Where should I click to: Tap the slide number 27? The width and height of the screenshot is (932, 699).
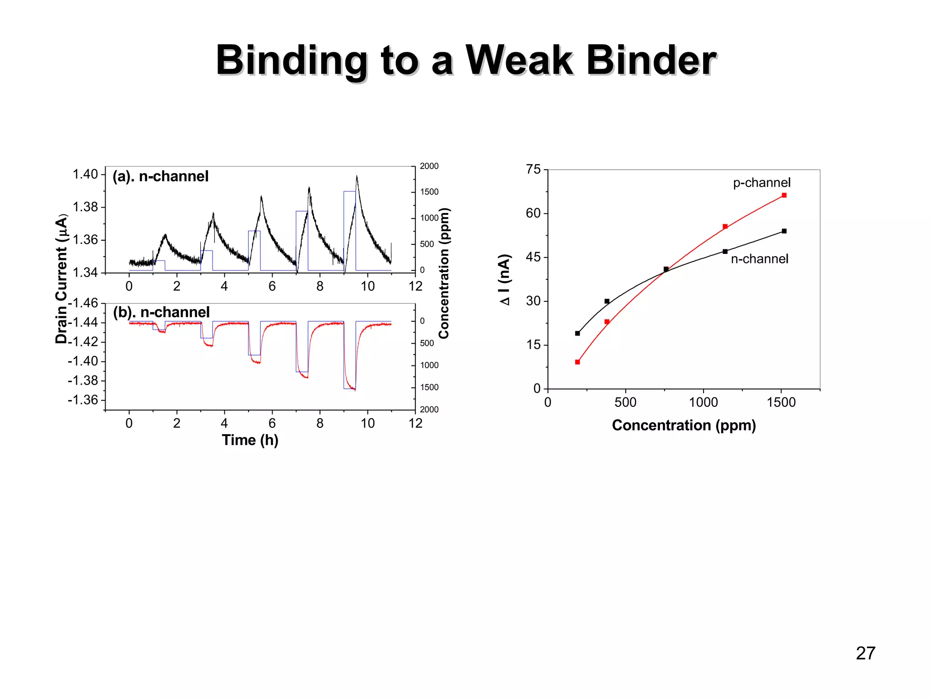point(865,653)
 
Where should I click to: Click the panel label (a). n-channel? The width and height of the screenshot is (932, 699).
point(160,176)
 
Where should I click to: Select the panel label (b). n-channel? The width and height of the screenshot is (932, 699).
point(161,312)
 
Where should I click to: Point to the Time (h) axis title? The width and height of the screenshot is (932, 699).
point(250,440)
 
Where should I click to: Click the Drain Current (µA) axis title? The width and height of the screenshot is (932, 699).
point(61,279)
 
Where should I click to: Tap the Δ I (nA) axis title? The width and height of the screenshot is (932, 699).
point(505,279)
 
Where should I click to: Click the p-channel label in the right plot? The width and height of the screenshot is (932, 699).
point(761,182)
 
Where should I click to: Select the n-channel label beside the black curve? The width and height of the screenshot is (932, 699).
point(759,259)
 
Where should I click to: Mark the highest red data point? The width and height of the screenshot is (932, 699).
point(784,195)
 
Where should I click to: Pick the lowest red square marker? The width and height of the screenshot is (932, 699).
point(577,362)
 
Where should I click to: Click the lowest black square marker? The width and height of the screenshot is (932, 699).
point(577,334)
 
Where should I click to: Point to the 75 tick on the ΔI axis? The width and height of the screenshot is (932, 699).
point(533,170)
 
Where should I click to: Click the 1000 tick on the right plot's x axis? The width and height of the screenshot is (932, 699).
point(703,402)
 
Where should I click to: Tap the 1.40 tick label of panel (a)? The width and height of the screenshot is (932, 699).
point(85,174)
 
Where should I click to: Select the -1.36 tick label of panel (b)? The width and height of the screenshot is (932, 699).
point(83,400)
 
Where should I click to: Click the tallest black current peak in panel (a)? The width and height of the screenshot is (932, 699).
point(357,177)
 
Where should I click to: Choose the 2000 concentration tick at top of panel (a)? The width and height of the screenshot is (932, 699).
point(429,166)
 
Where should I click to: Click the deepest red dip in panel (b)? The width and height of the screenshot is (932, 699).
point(355,390)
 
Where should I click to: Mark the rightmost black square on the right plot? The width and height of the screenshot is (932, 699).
point(784,231)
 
